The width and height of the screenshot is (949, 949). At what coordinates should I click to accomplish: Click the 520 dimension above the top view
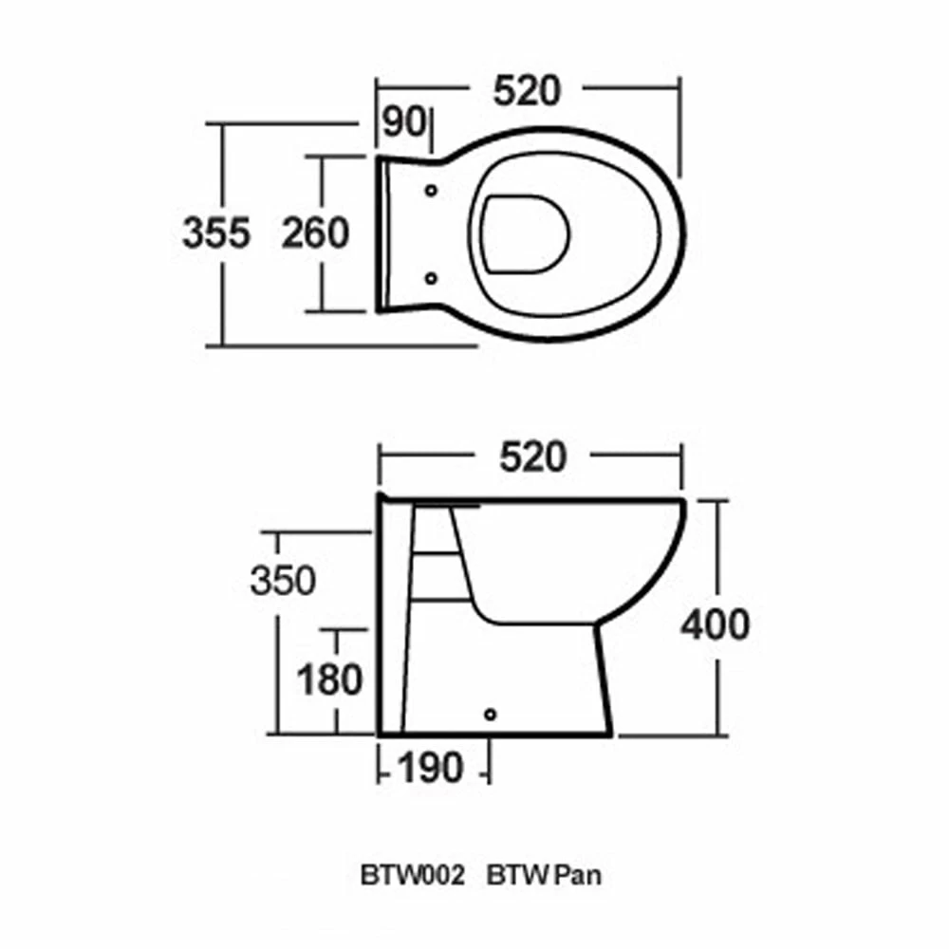(x=528, y=91)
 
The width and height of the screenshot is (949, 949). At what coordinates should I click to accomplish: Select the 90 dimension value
(x=402, y=123)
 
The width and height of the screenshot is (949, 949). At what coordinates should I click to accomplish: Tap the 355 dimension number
(x=216, y=233)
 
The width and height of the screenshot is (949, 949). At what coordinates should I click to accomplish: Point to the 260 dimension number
(x=316, y=233)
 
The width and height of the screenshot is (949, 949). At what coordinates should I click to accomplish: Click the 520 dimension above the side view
(x=531, y=457)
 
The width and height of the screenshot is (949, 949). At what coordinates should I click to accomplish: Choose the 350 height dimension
(x=282, y=580)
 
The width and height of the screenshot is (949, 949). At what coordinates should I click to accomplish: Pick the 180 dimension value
(x=329, y=679)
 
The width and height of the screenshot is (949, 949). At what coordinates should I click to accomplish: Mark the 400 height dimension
(x=715, y=624)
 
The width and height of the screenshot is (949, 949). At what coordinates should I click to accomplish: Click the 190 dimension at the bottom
(x=431, y=767)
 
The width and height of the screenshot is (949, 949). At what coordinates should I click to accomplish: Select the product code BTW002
(x=412, y=875)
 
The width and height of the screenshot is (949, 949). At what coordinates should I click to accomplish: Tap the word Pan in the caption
(x=579, y=875)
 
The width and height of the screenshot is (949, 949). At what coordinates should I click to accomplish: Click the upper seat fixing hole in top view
(x=432, y=189)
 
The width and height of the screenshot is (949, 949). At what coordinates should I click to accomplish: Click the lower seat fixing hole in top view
(x=432, y=278)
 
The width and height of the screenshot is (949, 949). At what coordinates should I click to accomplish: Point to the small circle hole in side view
(x=491, y=713)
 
